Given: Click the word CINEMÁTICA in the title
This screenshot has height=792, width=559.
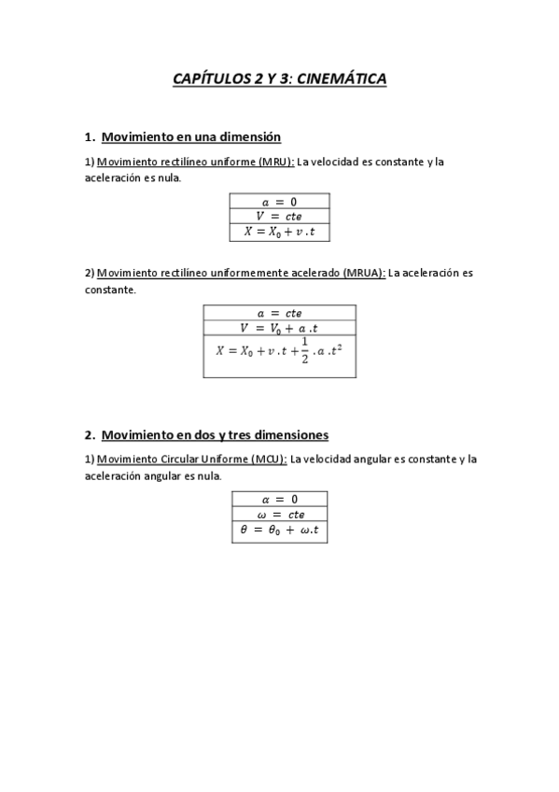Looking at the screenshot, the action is (342, 80).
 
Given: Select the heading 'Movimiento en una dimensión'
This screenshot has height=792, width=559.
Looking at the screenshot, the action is (190, 136).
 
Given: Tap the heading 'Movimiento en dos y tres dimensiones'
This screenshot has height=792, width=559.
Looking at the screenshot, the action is (214, 435).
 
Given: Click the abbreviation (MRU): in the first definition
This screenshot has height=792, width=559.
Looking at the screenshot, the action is (277, 162).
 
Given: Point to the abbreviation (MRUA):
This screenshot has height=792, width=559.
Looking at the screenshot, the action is (363, 274).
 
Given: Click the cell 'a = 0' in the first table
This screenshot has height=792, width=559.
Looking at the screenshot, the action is (279, 201).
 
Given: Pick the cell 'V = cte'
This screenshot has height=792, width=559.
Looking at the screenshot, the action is (279, 216).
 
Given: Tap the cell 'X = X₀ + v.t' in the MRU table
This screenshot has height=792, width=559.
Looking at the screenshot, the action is (279, 233).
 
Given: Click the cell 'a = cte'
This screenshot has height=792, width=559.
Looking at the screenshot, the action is (279, 313).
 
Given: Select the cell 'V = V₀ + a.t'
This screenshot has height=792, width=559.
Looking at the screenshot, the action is (279, 328).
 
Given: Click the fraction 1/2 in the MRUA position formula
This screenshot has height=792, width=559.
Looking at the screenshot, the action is (304, 351).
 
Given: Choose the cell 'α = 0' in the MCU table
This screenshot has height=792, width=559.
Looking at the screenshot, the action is (279, 499).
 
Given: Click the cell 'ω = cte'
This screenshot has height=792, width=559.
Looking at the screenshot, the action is (279, 514).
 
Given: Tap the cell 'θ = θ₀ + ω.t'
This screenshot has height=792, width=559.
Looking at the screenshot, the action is (279, 530).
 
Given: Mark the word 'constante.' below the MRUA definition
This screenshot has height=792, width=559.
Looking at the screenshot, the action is (111, 290).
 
